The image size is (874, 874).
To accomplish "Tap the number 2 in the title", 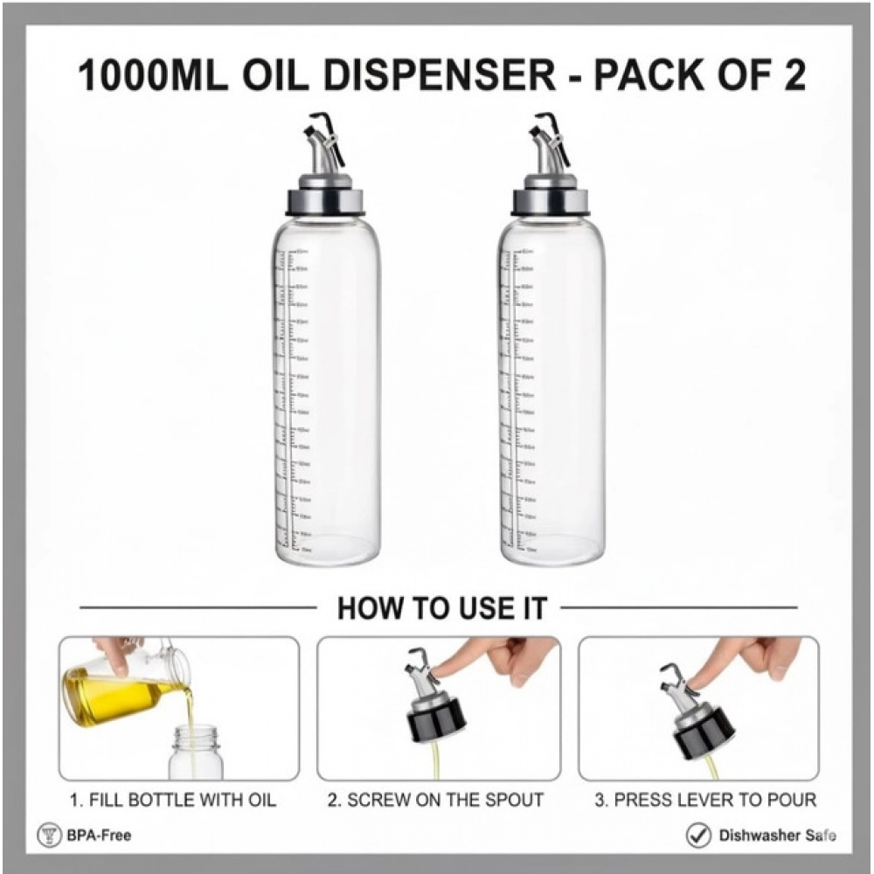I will [792, 76].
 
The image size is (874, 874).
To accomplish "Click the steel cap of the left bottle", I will [327, 199].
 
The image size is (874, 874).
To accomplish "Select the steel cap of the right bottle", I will [552, 199].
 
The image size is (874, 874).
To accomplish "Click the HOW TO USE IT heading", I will [441, 608].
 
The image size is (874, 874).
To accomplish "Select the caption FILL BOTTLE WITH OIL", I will [173, 800].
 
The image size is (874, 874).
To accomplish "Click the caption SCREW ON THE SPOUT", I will [435, 800].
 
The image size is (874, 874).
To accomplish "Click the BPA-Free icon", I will [48, 836].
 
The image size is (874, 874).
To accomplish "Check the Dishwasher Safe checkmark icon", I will [697, 836].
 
